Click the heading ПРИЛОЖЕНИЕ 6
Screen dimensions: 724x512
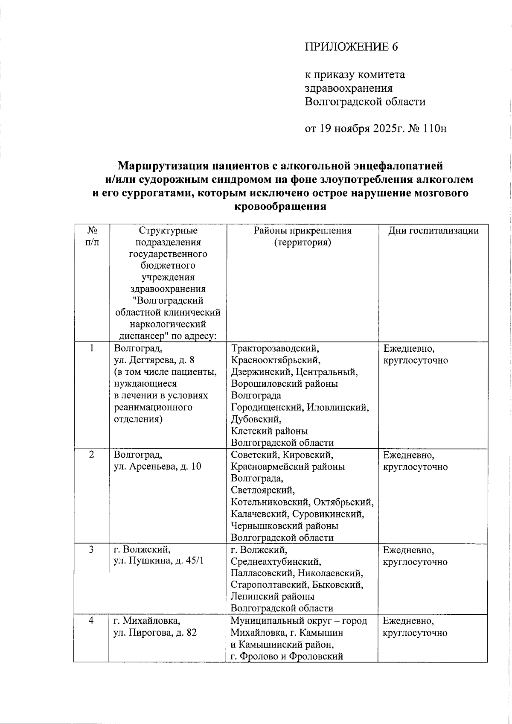(x=351, y=47)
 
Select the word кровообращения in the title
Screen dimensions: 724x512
(x=280, y=207)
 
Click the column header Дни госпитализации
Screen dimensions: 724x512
(x=433, y=231)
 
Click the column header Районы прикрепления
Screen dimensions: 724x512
(x=303, y=231)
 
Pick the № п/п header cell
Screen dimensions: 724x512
(x=91, y=236)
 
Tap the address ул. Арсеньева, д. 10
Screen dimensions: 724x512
(x=157, y=467)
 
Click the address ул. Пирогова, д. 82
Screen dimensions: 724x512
(x=155, y=632)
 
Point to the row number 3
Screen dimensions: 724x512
(x=91, y=549)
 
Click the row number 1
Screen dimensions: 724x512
(x=91, y=348)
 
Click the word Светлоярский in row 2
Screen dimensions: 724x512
(x=262, y=490)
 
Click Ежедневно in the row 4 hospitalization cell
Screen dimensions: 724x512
(x=408, y=620)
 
